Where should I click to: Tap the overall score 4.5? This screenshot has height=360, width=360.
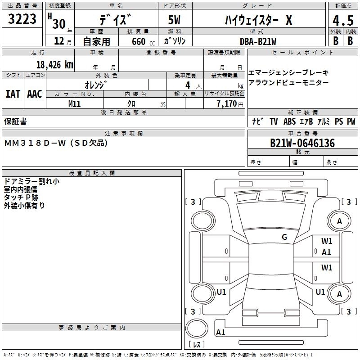pos(342,20)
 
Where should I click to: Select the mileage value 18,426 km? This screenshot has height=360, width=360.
pos(54,65)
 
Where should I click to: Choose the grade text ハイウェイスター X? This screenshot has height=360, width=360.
pos(258,20)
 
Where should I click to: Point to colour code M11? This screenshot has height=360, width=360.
pos(74,103)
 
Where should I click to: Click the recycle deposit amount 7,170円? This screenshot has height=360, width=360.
pos(229,104)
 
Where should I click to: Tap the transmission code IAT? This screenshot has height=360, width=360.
pos(13,94)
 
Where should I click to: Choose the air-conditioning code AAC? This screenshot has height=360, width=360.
pos(34,94)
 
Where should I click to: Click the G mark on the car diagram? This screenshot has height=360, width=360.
pos(284,237)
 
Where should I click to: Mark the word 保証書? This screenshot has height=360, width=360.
pos(15,121)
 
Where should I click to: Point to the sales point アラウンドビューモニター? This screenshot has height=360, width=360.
pos(288,83)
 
